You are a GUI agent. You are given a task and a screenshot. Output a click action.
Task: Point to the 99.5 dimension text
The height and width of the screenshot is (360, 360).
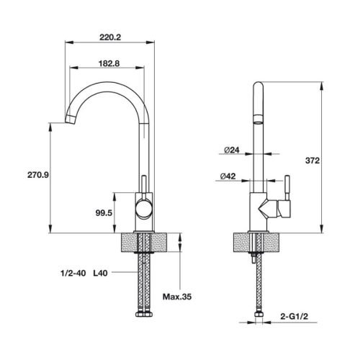pos(103,212)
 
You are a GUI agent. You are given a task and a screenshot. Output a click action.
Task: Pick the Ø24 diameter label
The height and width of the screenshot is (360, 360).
pos(231,150)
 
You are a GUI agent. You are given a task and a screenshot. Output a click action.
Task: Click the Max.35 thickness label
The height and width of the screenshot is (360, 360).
pos(176,296)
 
